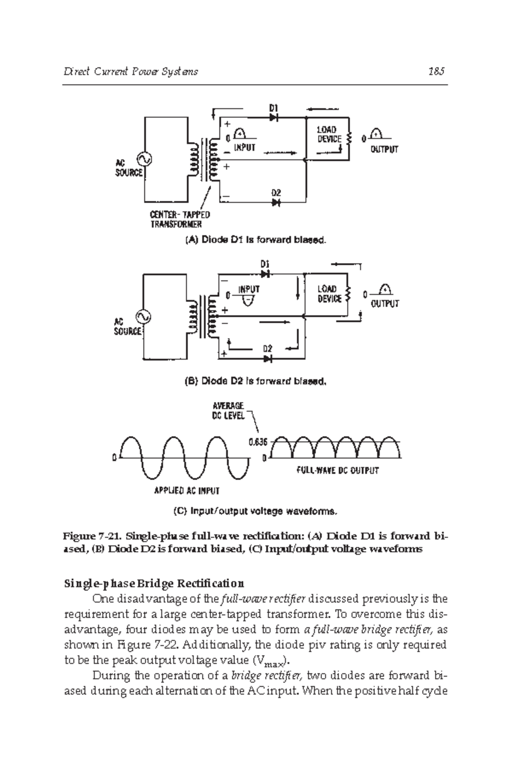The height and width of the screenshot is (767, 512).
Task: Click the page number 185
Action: point(436,71)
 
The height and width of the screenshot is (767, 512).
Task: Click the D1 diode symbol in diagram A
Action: point(273,116)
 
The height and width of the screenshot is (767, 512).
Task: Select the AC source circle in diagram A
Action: point(143,159)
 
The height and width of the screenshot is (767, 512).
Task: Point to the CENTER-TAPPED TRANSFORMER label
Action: point(179,219)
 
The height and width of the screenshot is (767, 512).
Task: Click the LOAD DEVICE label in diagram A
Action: point(329,134)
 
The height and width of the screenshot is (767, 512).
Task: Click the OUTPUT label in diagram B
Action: point(384,303)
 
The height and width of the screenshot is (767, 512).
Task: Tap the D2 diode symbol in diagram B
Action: point(268,359)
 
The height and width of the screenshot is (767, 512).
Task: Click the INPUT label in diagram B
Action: point(249,289)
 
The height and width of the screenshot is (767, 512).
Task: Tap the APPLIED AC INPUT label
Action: point(186,491)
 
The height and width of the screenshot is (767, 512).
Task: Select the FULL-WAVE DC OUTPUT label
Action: point(337,471)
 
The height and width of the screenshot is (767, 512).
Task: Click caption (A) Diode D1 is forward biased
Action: point(256,240)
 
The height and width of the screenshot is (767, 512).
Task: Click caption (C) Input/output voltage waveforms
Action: point(256,510)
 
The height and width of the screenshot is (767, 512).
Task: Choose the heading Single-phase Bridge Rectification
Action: point(154,583)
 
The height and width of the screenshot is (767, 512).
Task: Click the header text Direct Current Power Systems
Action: point(131,71)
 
